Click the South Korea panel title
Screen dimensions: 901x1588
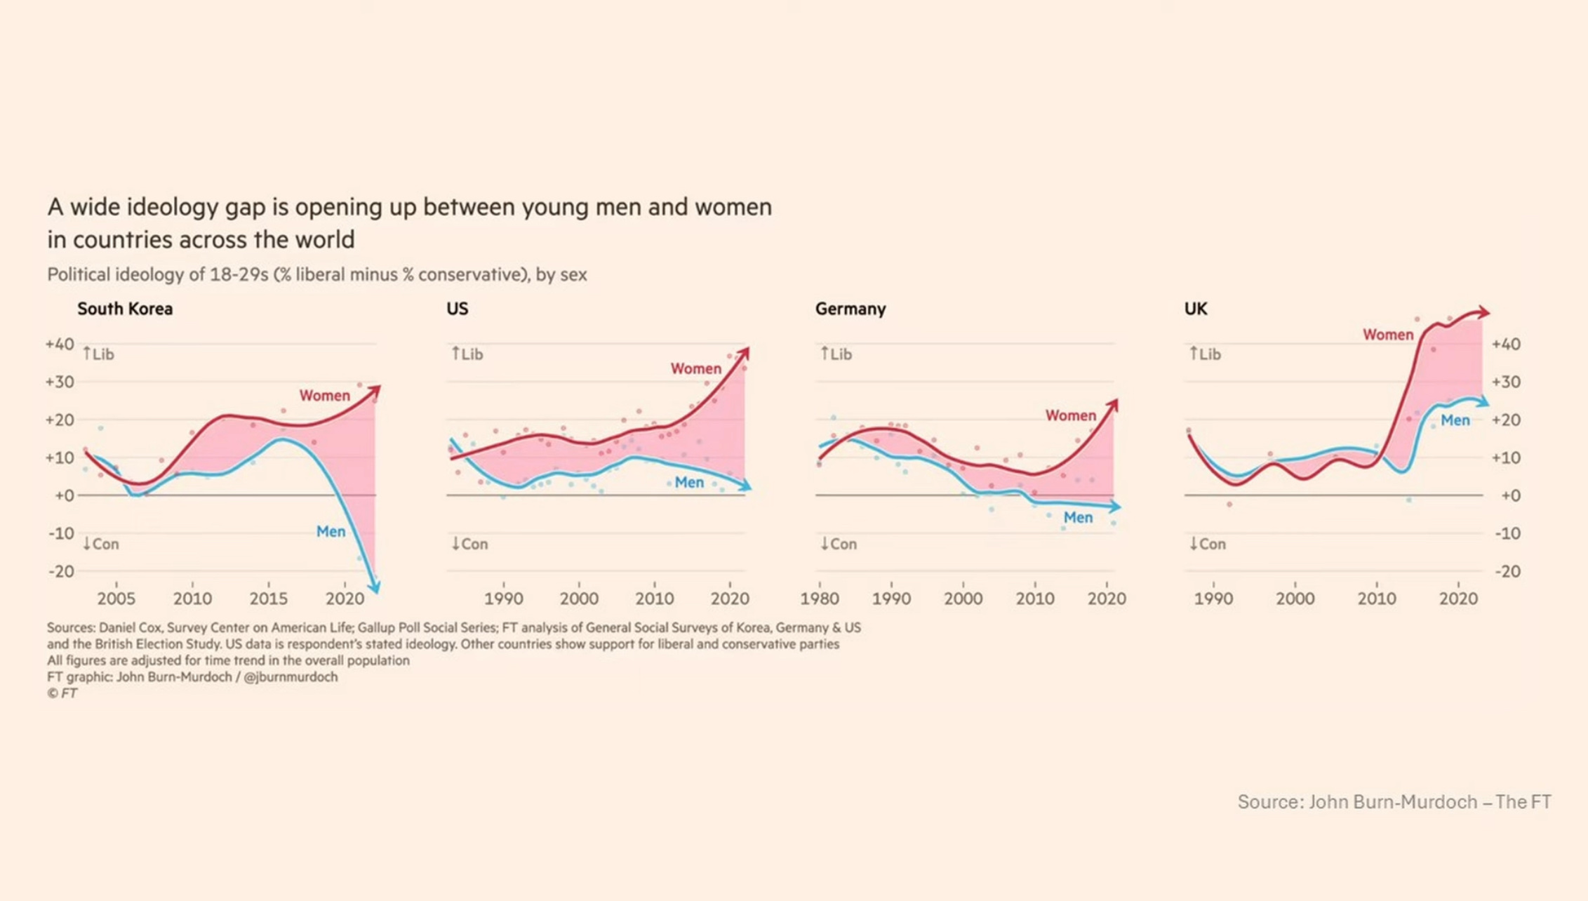coord(125,309)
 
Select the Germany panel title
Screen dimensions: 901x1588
coord(850,309)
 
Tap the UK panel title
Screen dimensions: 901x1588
coord(1196,309)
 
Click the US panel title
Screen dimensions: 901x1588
coord(458,309)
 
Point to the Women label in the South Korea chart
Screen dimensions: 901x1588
coord(325,396)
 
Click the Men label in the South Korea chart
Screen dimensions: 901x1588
coord(331,532)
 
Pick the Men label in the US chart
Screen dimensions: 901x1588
coord(689,483)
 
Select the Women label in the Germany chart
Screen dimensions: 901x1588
coord(1071,415)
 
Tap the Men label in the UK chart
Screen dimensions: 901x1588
coord(1455,420)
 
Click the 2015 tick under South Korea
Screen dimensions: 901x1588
coord(269,599)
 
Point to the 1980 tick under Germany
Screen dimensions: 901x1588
coord(820,599)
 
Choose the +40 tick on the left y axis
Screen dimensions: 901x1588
coord(60,344)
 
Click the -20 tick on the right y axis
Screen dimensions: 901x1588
coord(1507,571)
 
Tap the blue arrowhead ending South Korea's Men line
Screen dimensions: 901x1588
coord(375,587)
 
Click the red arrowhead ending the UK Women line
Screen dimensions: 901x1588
coord(1483,312)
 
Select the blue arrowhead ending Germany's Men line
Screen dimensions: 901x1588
coord(1116,506)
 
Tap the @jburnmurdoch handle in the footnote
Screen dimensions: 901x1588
coord(291,677)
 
